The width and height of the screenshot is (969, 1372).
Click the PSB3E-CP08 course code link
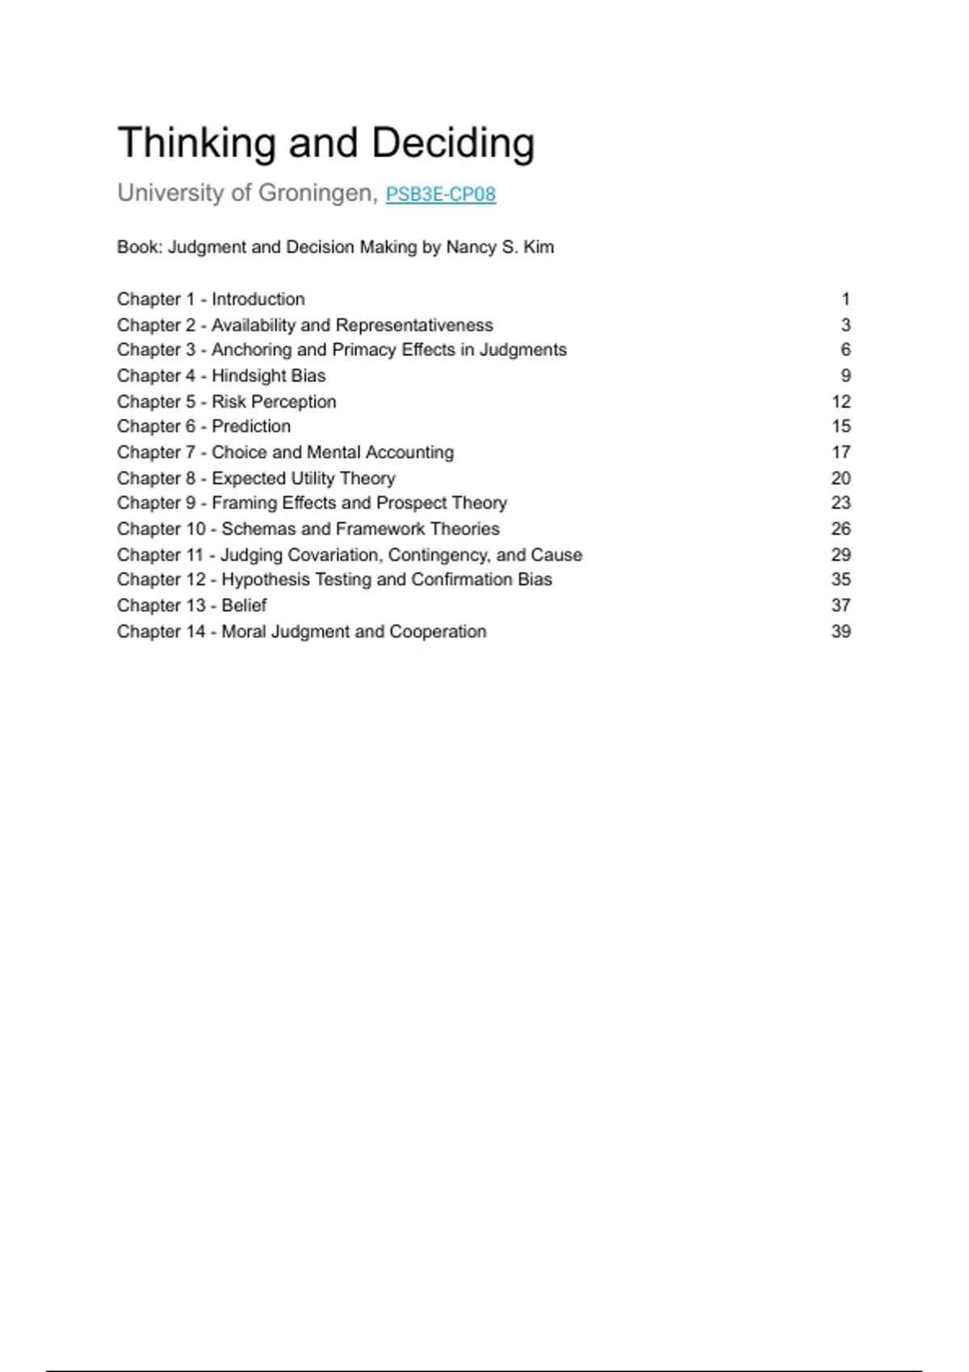440,195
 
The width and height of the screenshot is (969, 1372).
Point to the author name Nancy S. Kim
500,247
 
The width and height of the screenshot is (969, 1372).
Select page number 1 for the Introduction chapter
845,299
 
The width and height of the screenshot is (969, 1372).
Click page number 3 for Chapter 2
845,325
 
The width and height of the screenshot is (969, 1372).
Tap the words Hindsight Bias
268,375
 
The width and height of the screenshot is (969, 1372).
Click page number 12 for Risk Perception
841,402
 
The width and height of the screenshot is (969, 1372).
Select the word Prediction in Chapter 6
251,426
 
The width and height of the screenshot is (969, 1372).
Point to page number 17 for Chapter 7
841,452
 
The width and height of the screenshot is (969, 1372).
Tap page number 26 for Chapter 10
841,529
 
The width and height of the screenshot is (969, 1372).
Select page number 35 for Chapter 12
841,579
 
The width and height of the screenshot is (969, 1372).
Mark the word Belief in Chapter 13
244,605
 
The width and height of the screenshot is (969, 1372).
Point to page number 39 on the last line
841,631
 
